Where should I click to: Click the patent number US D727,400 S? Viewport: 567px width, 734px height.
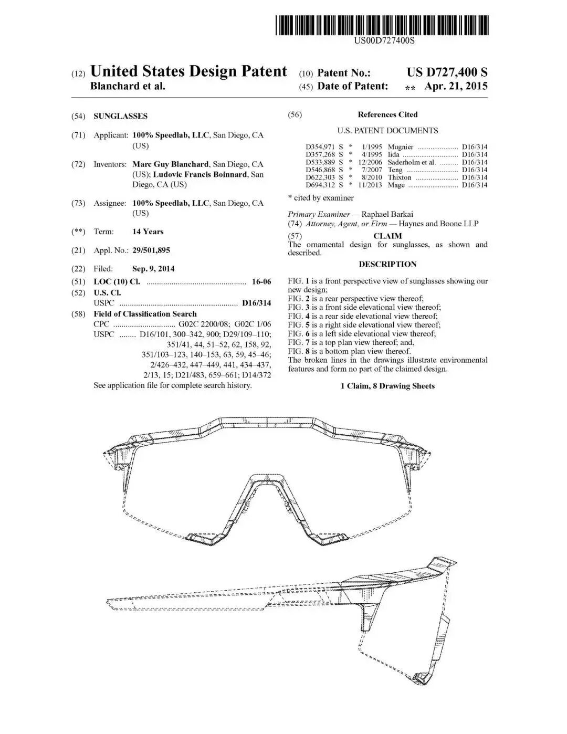(x=447, y=72)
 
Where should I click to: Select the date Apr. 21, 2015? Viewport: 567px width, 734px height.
(x=456, y=86)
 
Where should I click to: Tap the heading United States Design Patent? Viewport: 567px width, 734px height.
(x=188, y=71)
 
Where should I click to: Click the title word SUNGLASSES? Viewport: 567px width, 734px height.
(x=120, y=116)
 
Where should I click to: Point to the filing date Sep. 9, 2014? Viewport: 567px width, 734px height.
(x=153, y=269)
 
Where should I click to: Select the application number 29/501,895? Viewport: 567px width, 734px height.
(x=151, y=250)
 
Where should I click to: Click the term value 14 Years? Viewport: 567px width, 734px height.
(x=148, y=232)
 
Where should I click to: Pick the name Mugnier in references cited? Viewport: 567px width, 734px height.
(x=401, y=147)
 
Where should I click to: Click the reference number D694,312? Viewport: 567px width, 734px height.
(x=320, y=185)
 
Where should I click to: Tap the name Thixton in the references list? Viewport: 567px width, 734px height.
(x=400, y=177)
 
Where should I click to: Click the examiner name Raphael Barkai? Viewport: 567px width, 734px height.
(x=387, y=214)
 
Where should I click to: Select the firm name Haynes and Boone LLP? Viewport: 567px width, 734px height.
(x=438, y=224)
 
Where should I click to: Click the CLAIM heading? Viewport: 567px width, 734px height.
(x=387, y=236)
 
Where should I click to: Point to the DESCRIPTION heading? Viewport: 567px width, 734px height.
(x=387, y=264)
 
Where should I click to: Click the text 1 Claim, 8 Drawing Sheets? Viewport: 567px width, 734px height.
(x=387, y=386)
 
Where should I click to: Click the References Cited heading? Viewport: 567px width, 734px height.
(x=387, y=114)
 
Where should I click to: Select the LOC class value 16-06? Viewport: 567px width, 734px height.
(x=261, y=282)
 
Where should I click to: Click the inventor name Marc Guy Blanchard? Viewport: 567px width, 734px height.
(x=171, y=164)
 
